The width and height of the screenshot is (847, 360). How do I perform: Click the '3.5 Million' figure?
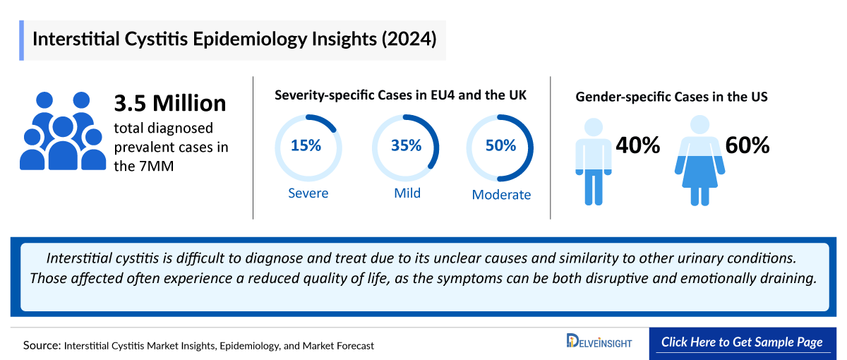[x=170, y=103]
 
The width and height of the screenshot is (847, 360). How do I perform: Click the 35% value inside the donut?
[x=406, y=146]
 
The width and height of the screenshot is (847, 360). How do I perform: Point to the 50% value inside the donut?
[x=500, y=146]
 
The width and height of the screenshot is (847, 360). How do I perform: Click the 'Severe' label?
[x=308, y=193]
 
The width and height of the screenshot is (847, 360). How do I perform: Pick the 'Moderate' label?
[x=501, y=195]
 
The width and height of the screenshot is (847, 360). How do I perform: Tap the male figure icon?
[x=593, y=161]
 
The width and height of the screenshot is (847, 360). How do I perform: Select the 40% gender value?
[x=637, y=145]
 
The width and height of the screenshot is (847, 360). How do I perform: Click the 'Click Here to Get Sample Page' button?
[x=742, y=342]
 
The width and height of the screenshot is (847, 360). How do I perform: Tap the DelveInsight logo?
[x=599, y=342]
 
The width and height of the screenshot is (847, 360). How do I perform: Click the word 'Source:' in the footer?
[x=42, y=346]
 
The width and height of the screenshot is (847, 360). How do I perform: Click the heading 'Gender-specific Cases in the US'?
[x=671, y=97]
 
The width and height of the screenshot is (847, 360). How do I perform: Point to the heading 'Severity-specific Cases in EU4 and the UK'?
[x=400, y=95]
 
